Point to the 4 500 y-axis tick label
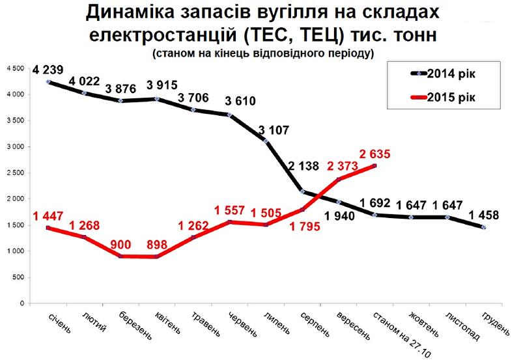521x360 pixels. tap(15, 69)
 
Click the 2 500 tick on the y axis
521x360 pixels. tap(15, 173)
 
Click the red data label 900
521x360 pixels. tap(122, 245)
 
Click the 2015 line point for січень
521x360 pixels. tap(48, 228)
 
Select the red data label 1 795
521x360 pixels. tap(303, 228)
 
